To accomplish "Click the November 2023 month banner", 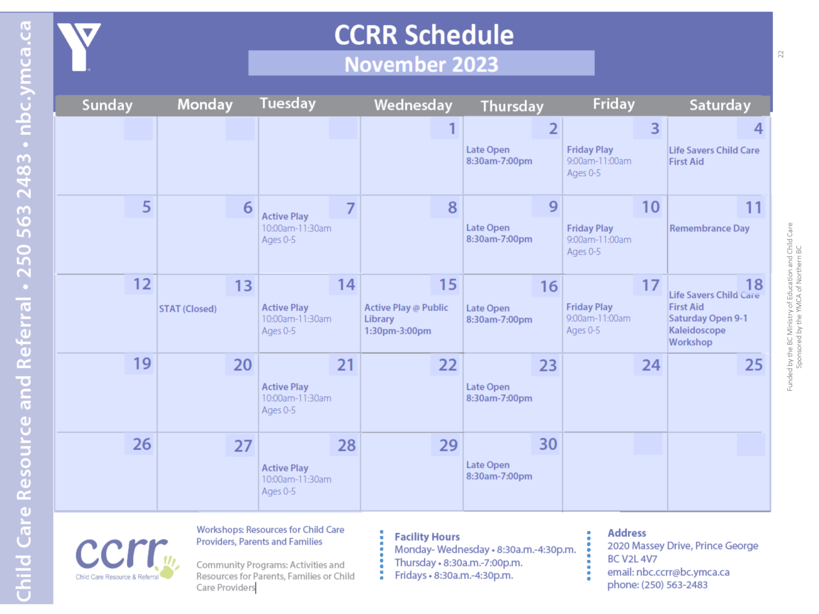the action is coord(421,64).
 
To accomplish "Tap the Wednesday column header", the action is coord(413,105).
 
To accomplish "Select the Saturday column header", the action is coord(720,105).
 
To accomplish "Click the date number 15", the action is coord(448,285).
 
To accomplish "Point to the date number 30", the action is coord(548,444).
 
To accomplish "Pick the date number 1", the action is coord(452,129).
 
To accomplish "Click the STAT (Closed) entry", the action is coord(188,309).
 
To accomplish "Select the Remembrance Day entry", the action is coord(709,228).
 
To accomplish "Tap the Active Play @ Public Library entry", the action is coord(406,319).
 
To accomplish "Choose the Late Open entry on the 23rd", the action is coord(499,393).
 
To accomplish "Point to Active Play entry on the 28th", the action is coord(296,479).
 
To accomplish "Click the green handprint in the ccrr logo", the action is coord(169,567).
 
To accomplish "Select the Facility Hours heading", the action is coord(427,536).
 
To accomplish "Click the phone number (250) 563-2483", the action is coord(674,585).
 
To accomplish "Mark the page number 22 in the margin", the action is coord(781,54).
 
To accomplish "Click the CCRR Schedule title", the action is coord(424,35).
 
